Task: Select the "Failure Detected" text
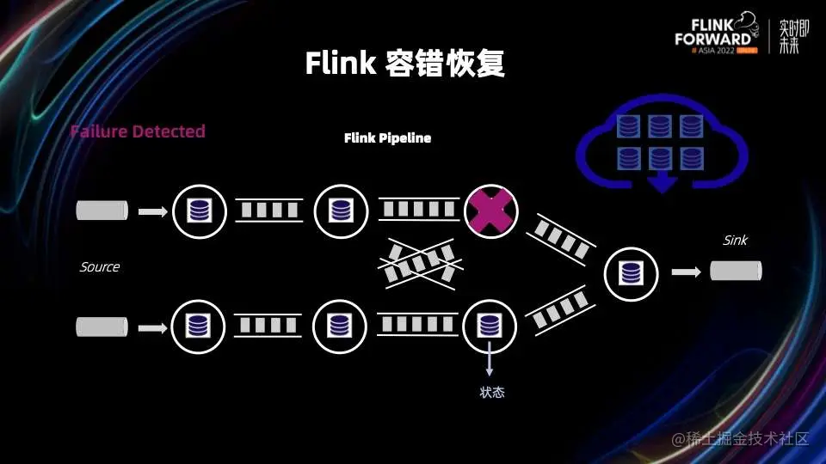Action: click(138, 131)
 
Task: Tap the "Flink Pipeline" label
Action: click(387, 137)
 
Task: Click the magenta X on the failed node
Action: click(490, 211)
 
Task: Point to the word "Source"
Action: click(100, 267)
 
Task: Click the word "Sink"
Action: click(735, 241)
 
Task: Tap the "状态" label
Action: click(491, 393)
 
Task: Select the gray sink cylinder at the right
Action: click(736, 272)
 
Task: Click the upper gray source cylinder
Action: click(102, 210)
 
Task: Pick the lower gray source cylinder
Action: click(102, 327)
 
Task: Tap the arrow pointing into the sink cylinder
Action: click(686, 272)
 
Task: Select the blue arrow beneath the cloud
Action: click(661, 182)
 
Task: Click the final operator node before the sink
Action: click(632, 273)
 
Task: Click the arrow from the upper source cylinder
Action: click(152, 211)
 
